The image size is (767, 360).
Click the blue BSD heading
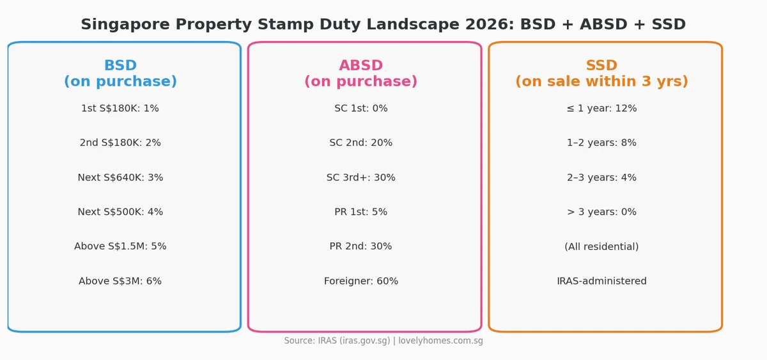[x=120, y=66]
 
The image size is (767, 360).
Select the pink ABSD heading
[x=360, y=66]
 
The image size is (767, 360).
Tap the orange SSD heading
[x=601, y=66]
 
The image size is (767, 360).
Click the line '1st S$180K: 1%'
[x=120, y=109]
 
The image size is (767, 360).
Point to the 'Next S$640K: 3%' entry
[x=120, y=178]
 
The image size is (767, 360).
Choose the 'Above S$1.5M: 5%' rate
[x=120, y=247]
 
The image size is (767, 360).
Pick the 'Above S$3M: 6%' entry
[x=120, y=281]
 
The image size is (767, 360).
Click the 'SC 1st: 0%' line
[x=360, y=109]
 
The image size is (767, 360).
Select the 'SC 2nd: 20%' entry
[x=360, y=143]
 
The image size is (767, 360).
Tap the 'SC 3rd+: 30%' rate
[x=360, y=178]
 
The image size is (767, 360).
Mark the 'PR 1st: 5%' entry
[x=360, y=212]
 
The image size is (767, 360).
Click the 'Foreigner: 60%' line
[x=360, y=281]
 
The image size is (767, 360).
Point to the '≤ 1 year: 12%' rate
[x=601, y=109]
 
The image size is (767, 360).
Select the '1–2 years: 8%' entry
[x=601, y=143]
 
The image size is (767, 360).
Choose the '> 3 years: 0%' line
[x=601, y=212]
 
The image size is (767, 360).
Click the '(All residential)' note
[x=601, y=247]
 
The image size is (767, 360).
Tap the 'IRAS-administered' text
[x=601, y=281]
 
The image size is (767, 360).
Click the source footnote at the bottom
[x=383, y=341]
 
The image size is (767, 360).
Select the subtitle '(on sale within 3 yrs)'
[x=601, y=82]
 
